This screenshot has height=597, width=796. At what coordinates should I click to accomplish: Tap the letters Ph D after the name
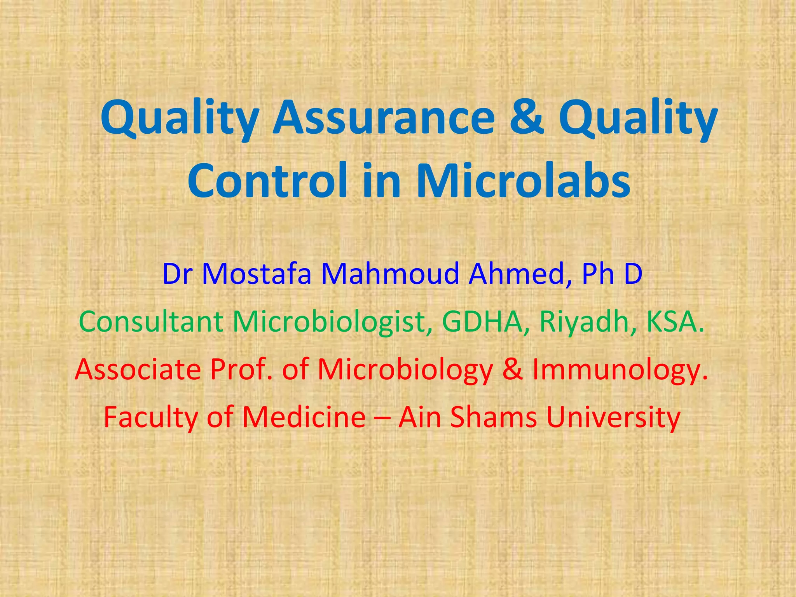click(612, 274)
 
